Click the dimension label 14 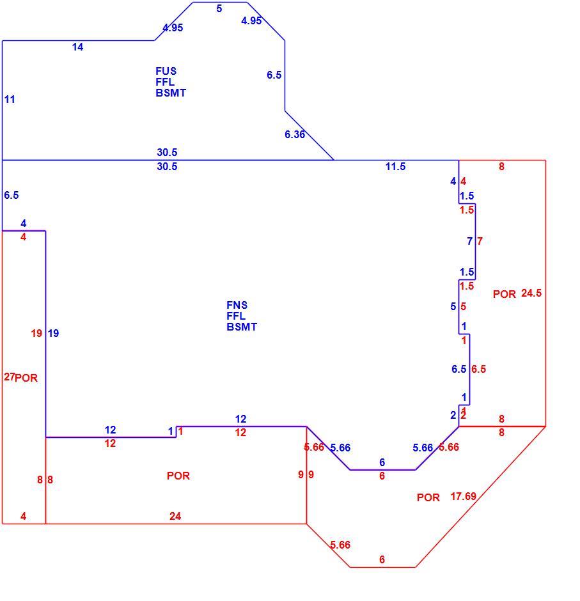click(x=77, y=47)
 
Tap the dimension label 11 click(x=10, y=99)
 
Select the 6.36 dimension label click(x=294, y=134)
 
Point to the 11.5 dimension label click(x=395, y=166)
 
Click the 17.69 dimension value click(x=463, y=496)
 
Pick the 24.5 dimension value click(x=531, y=293)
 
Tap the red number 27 click(x=9, y=377)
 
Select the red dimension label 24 click(x=175, y=516)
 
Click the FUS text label click(x=166, y=71)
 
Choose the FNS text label click(x=237, y=305)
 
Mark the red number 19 click(x=36, y=333)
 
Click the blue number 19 click(x=53, y=333)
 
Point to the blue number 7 click(x=469, y=241)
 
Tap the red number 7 click(x=480, y=241)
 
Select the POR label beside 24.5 click(x=504, y=294)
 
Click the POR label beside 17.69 click(x=428, y=497)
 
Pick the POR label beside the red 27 click(x=26, y=378)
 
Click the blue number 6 click(x=382, y=462)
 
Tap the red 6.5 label click(x=478, y=369)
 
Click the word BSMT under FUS click(x=171, y=93)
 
